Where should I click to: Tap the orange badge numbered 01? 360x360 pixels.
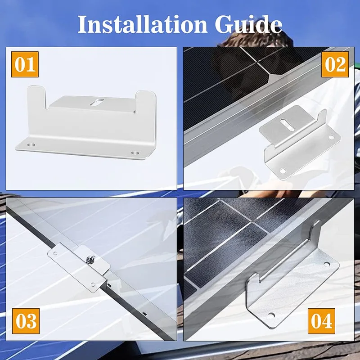pos(26,64)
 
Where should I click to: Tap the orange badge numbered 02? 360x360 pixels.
pos(335,64)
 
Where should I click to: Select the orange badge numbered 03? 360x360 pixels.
pos(26,321)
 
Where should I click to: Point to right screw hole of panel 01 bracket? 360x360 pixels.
pos(134,153)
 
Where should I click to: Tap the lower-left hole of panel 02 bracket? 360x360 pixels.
pos(283,171)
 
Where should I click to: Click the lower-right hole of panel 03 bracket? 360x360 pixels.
pos(93,283)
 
